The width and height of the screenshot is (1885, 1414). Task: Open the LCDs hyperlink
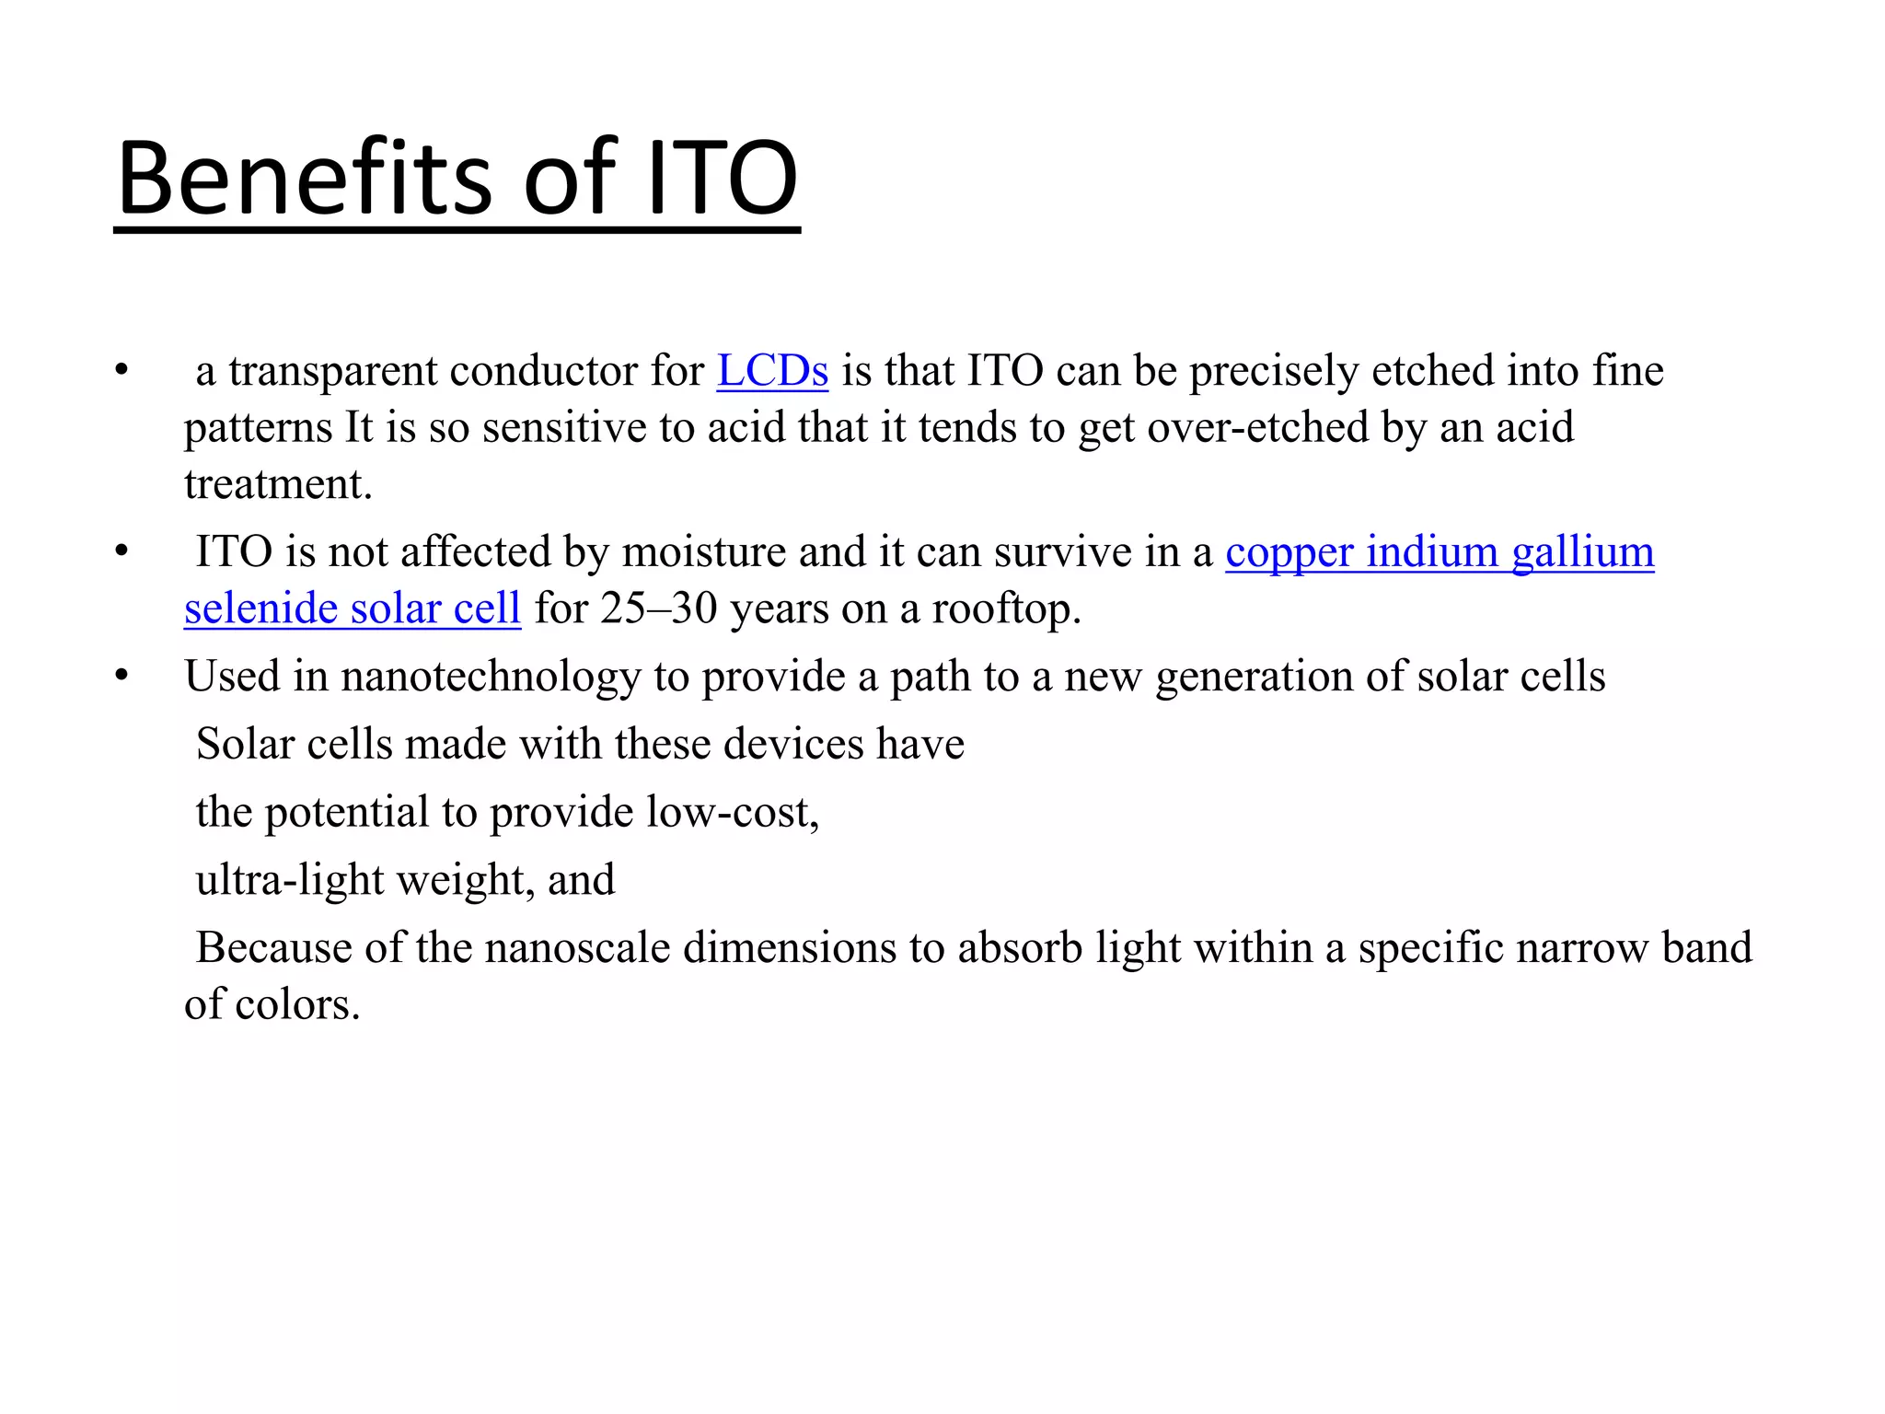coord(772,371)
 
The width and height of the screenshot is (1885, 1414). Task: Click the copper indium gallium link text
coord(1440,552)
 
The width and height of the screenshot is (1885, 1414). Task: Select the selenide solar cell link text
coord(353,608)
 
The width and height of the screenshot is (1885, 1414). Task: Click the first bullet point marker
coord(121,371)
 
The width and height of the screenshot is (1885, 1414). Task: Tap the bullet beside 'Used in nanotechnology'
coord(121,677)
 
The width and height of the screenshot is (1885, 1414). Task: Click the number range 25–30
coord(658,608)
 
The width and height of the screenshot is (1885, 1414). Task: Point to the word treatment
coord(277,485)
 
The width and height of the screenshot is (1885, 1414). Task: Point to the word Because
coord(273,948)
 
